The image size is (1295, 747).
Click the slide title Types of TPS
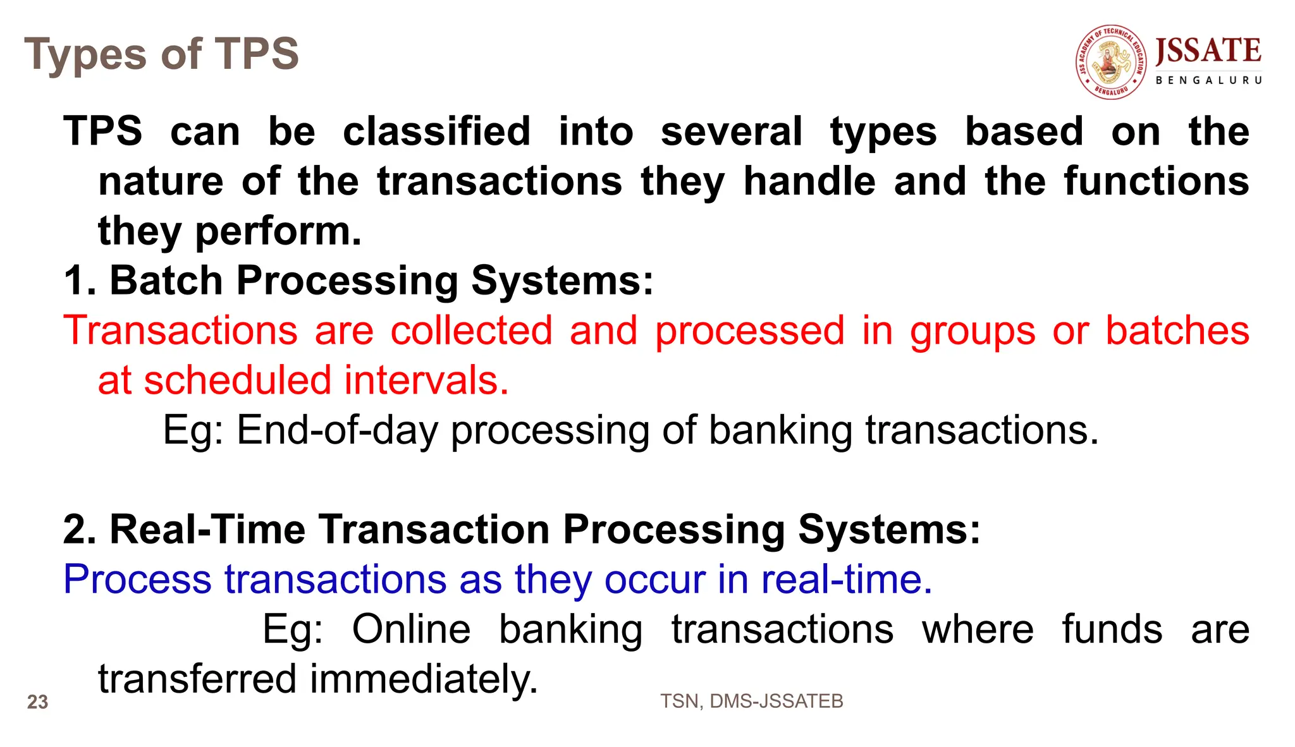(161, 54)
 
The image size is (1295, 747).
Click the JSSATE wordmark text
(1208, 51)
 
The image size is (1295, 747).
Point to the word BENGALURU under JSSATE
(1208, 80)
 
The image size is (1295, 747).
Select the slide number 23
(37, 702)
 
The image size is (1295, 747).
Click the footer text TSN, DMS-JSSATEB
(751, 701)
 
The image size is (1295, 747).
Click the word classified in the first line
(436, 131)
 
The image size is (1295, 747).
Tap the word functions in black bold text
(1156, 181)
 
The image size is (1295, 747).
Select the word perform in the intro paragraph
(278, 231)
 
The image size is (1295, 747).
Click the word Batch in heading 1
(166, 280)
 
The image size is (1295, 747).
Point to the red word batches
(1177, 331)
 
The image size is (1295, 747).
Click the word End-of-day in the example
(337, 430)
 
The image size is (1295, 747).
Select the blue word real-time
(846, 579)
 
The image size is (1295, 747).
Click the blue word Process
(137, 579)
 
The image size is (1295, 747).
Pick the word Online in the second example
(411, 629)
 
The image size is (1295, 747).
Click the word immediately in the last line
(423, 679)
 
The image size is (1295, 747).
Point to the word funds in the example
(1112, 629)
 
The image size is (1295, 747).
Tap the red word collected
(471, 331)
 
